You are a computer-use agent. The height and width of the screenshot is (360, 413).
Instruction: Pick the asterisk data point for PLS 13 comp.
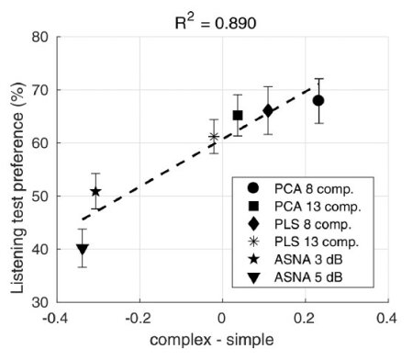click(214, 137)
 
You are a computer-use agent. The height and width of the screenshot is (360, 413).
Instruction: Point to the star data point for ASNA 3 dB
click(95, 192)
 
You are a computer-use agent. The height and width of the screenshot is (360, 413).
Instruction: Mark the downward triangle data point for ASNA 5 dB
click(83, 249)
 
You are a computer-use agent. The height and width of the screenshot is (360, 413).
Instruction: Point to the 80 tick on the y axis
click(42, 38)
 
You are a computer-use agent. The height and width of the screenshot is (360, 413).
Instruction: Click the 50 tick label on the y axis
click(42, 196)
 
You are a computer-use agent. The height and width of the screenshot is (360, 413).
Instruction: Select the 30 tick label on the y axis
click(42, 301)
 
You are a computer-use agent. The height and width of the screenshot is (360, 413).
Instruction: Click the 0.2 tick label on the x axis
click(305, 317)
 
